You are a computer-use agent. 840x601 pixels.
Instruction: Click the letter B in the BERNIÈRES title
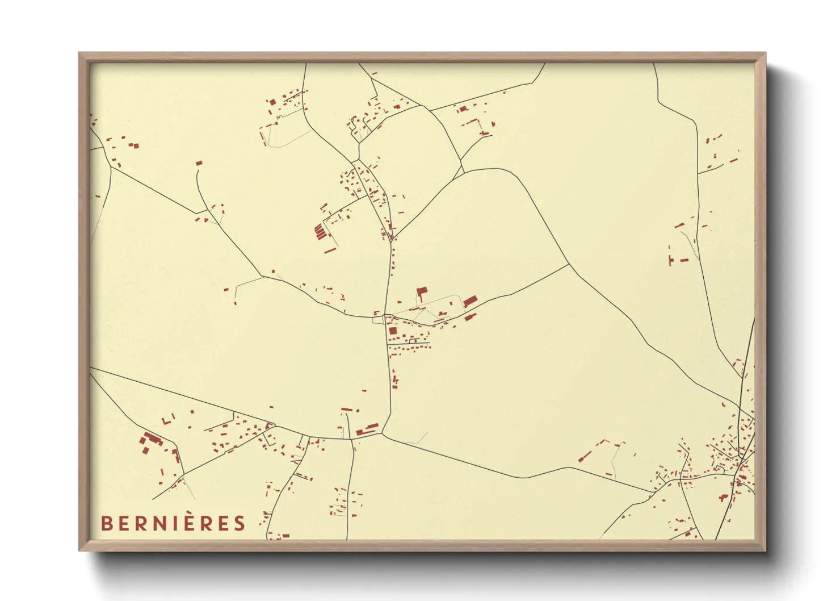(106, 523)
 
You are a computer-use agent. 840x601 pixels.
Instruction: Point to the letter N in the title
(155, 523)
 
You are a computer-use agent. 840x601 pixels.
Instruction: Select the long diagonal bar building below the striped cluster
(330, 249)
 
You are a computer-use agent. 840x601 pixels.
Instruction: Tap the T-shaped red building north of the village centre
(421, 293)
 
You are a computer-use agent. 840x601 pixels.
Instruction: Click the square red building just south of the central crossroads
(393, 331)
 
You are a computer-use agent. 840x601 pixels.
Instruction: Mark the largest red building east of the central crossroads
(470, 301)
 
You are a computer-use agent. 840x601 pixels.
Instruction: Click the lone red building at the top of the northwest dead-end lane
(199, 163)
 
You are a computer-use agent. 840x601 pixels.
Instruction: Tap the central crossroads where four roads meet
(385, 316)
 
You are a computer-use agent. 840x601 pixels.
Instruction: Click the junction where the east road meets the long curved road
(569, 264)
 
